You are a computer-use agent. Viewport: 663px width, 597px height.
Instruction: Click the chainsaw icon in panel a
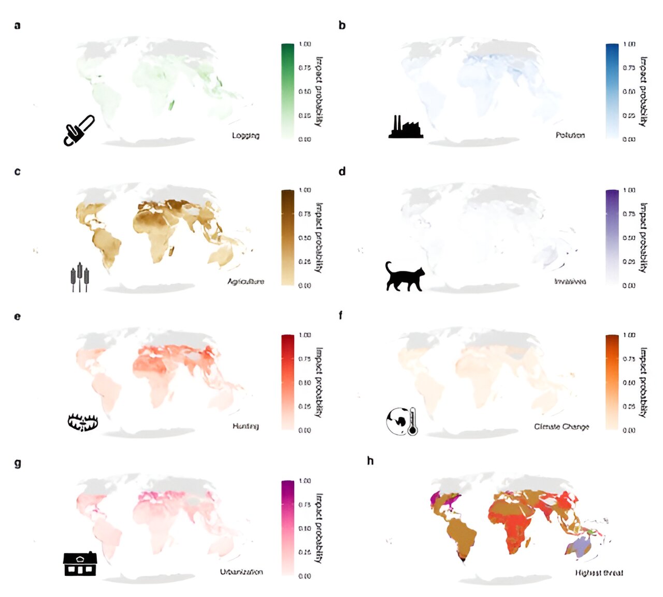(x=79, y=130)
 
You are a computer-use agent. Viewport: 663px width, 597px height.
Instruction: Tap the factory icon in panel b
(x=406, y=127)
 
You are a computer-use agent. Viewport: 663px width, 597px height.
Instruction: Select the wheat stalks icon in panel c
(x=79, y=277)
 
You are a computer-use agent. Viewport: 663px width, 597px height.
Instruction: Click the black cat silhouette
(x=405, y=276)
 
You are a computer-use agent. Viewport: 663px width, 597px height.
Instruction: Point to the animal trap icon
(x=83, y=422)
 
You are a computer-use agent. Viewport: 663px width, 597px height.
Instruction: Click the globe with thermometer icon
(x=402, y=421)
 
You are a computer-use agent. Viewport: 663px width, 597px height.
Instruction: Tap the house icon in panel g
(x=80, y=564)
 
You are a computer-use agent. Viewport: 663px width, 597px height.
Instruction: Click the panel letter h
(x=370, y=461)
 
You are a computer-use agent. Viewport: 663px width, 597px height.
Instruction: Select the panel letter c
(x=18, y=171)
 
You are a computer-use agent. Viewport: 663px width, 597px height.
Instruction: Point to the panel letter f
(x=340, y=315)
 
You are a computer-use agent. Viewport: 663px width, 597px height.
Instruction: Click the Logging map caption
(x=246, y=136)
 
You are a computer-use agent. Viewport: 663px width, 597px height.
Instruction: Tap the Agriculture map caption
(x=246, y=282)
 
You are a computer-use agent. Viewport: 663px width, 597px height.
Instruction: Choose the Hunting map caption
(x=246, y=426)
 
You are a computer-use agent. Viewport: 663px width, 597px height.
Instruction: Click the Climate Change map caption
(x=561, y=427)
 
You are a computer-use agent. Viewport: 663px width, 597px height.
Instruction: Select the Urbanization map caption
(x=241, y=572)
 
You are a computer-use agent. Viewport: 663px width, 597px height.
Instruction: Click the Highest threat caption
(x=599, y=573)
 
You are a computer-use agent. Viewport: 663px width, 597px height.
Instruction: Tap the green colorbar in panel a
(x=287, y=91)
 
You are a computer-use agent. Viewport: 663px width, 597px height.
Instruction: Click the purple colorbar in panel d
(x=612, y=237)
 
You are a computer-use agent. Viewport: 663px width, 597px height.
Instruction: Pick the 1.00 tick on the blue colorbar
(x=629, y=44)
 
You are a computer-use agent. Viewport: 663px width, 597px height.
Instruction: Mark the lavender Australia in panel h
(x=581, y=546)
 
